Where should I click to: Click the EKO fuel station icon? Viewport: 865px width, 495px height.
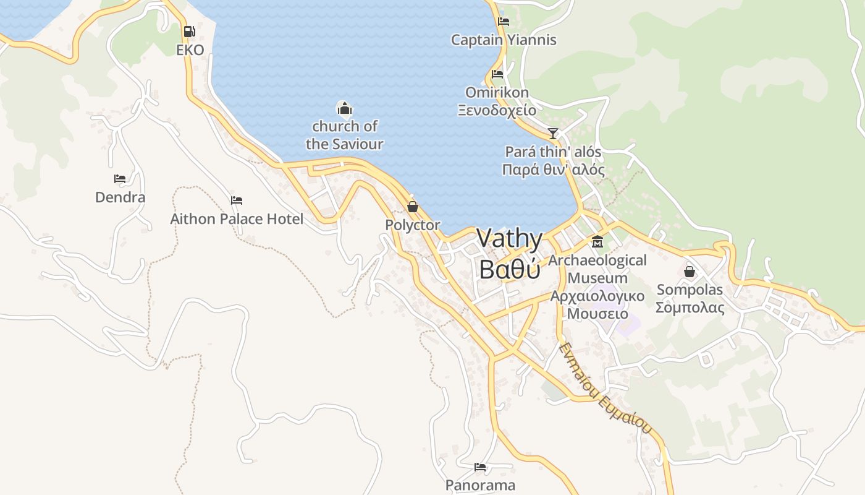pyautogui.click(x=190, y=31)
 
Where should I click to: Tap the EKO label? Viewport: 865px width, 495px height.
pyautogui.click(x=190, y=50)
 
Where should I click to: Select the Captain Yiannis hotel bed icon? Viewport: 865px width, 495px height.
pyautogui.click(x=504, y=22)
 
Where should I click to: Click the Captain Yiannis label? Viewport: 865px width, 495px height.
pyautogui.click(x=504, y=40)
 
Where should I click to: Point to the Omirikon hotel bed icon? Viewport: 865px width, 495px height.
pyautogui.click(x=497, y=74)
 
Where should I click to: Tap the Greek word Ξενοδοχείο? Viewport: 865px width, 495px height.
pyautogui.click(x=497, y=111)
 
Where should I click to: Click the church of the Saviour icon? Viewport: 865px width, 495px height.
pyautogui.click(x=344, y=109)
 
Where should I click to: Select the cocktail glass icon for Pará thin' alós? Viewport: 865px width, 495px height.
pyautogui.click(x=553, y=133)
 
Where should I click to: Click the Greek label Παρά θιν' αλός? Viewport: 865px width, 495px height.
pyautogui.click(x=553, y=170)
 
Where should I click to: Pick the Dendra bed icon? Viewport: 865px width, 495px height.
pyautogui.click(x=120, y=179)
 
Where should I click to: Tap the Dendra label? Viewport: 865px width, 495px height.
pyautogui.click(x=120, y=197)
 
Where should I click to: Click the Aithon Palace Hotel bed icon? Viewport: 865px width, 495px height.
pyautogui.click(x=237, y=200)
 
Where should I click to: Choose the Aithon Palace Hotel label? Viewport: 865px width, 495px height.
pyautogui.click(x=237, y=219)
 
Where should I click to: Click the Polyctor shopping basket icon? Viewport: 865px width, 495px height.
pyautogui.click(x=412, y=206)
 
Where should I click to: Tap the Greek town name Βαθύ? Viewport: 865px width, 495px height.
pyautogui.click(x=510, y=270)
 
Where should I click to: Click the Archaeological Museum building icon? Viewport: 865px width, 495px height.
pyautogui.click(x=597, y=241)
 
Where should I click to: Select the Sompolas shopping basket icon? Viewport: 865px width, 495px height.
pyautogui.click(x=690, y=271)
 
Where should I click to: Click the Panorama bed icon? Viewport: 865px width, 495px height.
pyautogui.click(x=480, y=467)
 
